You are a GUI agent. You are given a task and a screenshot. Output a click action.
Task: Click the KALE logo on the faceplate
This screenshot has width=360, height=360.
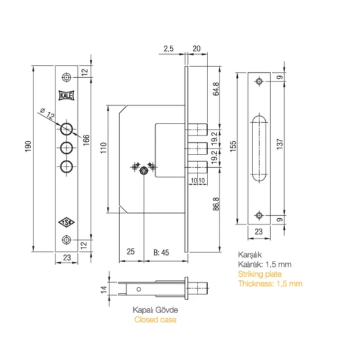pos(66,95)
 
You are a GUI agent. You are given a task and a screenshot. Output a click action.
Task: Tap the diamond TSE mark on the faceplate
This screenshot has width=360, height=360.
pos(66,222)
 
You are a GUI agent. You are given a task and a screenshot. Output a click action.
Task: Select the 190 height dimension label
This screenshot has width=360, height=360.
pos(28,146)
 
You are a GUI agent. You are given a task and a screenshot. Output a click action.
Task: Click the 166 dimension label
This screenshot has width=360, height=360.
pos(86,140)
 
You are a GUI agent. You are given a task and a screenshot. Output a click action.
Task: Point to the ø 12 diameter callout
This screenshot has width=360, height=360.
pos(47,114)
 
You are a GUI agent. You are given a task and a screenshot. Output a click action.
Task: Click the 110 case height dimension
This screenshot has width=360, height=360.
pos(103,148)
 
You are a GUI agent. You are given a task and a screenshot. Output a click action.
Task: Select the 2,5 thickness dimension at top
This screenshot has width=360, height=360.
pos(168,49)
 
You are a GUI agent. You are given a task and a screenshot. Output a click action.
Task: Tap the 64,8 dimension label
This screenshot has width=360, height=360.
pos(216,89)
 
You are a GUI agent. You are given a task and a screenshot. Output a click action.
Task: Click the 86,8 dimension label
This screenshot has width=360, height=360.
pos(216,204)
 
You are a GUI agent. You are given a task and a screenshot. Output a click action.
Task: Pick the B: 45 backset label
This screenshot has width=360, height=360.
pos(161,252)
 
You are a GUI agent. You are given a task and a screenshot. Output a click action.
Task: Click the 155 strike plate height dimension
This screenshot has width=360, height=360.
pos(233,146)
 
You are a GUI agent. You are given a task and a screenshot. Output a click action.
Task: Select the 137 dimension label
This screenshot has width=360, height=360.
pos(280,144)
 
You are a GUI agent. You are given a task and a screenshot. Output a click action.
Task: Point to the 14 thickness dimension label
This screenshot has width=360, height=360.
pos(104,289)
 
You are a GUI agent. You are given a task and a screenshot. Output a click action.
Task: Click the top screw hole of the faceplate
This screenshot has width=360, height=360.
pos(66,77)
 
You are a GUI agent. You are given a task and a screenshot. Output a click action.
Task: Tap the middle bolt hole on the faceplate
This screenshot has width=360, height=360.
pos(66,148)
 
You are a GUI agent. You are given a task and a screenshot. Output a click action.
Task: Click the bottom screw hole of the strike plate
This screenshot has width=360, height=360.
pos(259,215)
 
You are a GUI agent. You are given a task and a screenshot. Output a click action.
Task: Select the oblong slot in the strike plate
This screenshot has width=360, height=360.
pos(259,149)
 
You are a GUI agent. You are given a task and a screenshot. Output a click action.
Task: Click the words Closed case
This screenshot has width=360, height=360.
pos(156,320)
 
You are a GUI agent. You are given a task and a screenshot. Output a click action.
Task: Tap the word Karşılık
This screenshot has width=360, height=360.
pos(250,255)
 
